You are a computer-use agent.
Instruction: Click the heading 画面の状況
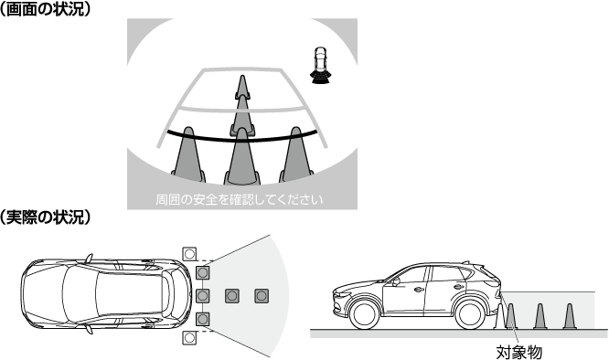point(45,8)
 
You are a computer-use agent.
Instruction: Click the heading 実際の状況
point(45,217)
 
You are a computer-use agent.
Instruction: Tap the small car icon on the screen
point(320,65)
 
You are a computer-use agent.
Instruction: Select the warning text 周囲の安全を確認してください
point(240,200)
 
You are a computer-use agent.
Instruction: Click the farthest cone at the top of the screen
point(242,87)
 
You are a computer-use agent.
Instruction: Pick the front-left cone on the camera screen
point(188,154)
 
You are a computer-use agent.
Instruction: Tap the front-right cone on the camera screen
point(296,154)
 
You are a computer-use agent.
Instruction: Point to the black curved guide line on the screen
point(242,139)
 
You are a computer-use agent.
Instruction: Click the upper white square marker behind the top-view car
point(189,255)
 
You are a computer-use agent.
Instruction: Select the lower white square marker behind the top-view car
point(189,337)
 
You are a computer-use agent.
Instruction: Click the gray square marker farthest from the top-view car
point(262,296)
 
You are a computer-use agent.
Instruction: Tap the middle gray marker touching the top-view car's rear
point(202,296)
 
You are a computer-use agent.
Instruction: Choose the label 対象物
point(518,353)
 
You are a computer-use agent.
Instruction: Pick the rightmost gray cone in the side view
point(569,316)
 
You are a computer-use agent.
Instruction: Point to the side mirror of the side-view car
point(396,281)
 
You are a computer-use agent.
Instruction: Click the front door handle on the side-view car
point(419,290)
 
